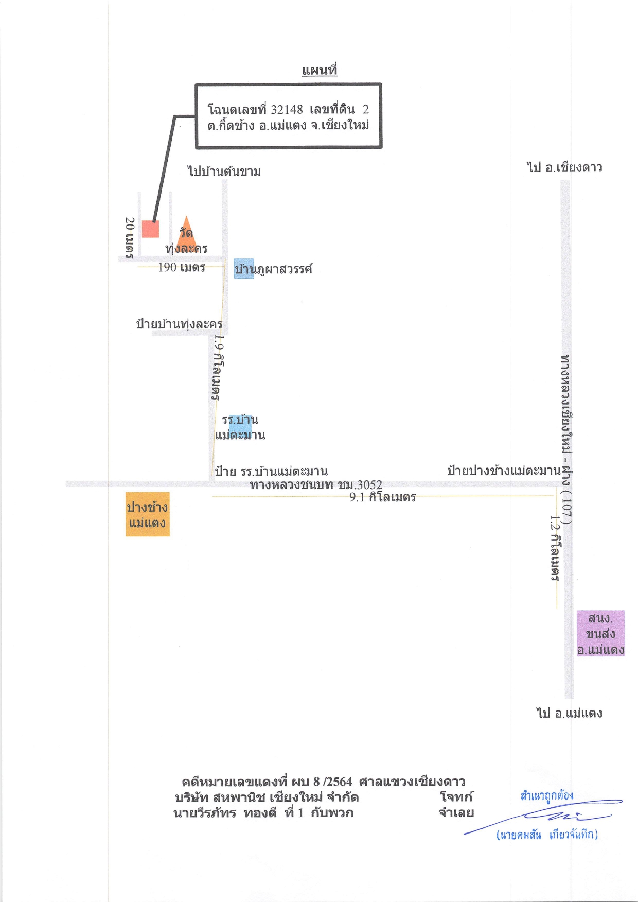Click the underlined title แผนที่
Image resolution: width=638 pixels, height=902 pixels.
(x=319, y=70)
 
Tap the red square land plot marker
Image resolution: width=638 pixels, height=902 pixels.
(x=151, y=229)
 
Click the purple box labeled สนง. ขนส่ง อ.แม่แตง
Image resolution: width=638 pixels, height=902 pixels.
(x=600, y=633)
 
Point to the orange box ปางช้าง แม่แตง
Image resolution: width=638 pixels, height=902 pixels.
(x=148, y=515)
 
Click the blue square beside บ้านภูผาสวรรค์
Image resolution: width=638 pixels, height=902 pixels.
(x=244, y=269)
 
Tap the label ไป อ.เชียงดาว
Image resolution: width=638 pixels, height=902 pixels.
(x=564, y=167)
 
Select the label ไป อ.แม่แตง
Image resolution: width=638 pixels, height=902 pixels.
(x=569, y=713)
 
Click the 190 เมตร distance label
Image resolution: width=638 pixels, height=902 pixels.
(x=182, y=267)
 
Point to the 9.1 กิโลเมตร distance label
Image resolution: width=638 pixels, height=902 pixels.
(x=383, y=497)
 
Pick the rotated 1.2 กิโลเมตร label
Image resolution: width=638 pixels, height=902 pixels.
(x=555, y=548)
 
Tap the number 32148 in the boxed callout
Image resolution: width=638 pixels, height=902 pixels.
(x=287, y=109)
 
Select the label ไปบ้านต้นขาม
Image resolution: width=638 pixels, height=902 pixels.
(x=224, y=171)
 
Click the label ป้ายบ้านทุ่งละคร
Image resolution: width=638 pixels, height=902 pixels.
(x=179, y=324)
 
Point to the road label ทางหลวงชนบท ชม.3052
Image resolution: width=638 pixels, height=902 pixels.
(x=316, y=485)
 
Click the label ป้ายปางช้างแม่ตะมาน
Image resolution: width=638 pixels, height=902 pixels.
(x=504, y=471)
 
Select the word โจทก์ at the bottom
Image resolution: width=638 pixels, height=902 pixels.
(x=456, y=797)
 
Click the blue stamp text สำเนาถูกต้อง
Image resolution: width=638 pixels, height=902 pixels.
(x=546, y=795)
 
